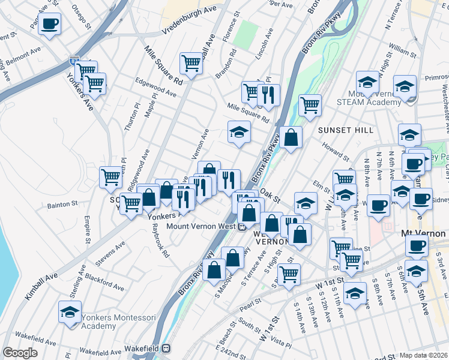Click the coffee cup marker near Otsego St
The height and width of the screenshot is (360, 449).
(x=50, y=25)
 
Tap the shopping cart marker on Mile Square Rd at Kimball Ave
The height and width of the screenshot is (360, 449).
(x=191, y=63)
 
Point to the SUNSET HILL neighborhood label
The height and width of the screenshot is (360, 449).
(x=345, y=130)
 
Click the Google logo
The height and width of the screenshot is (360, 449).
(x=20, y=353)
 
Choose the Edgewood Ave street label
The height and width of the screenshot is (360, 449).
(x=155, y=89)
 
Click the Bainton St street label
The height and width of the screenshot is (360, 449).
(x=62, y=205)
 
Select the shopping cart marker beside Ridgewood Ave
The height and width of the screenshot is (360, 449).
(x=112, y=178)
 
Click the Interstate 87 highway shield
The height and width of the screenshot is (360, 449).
(x=74, y=61)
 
